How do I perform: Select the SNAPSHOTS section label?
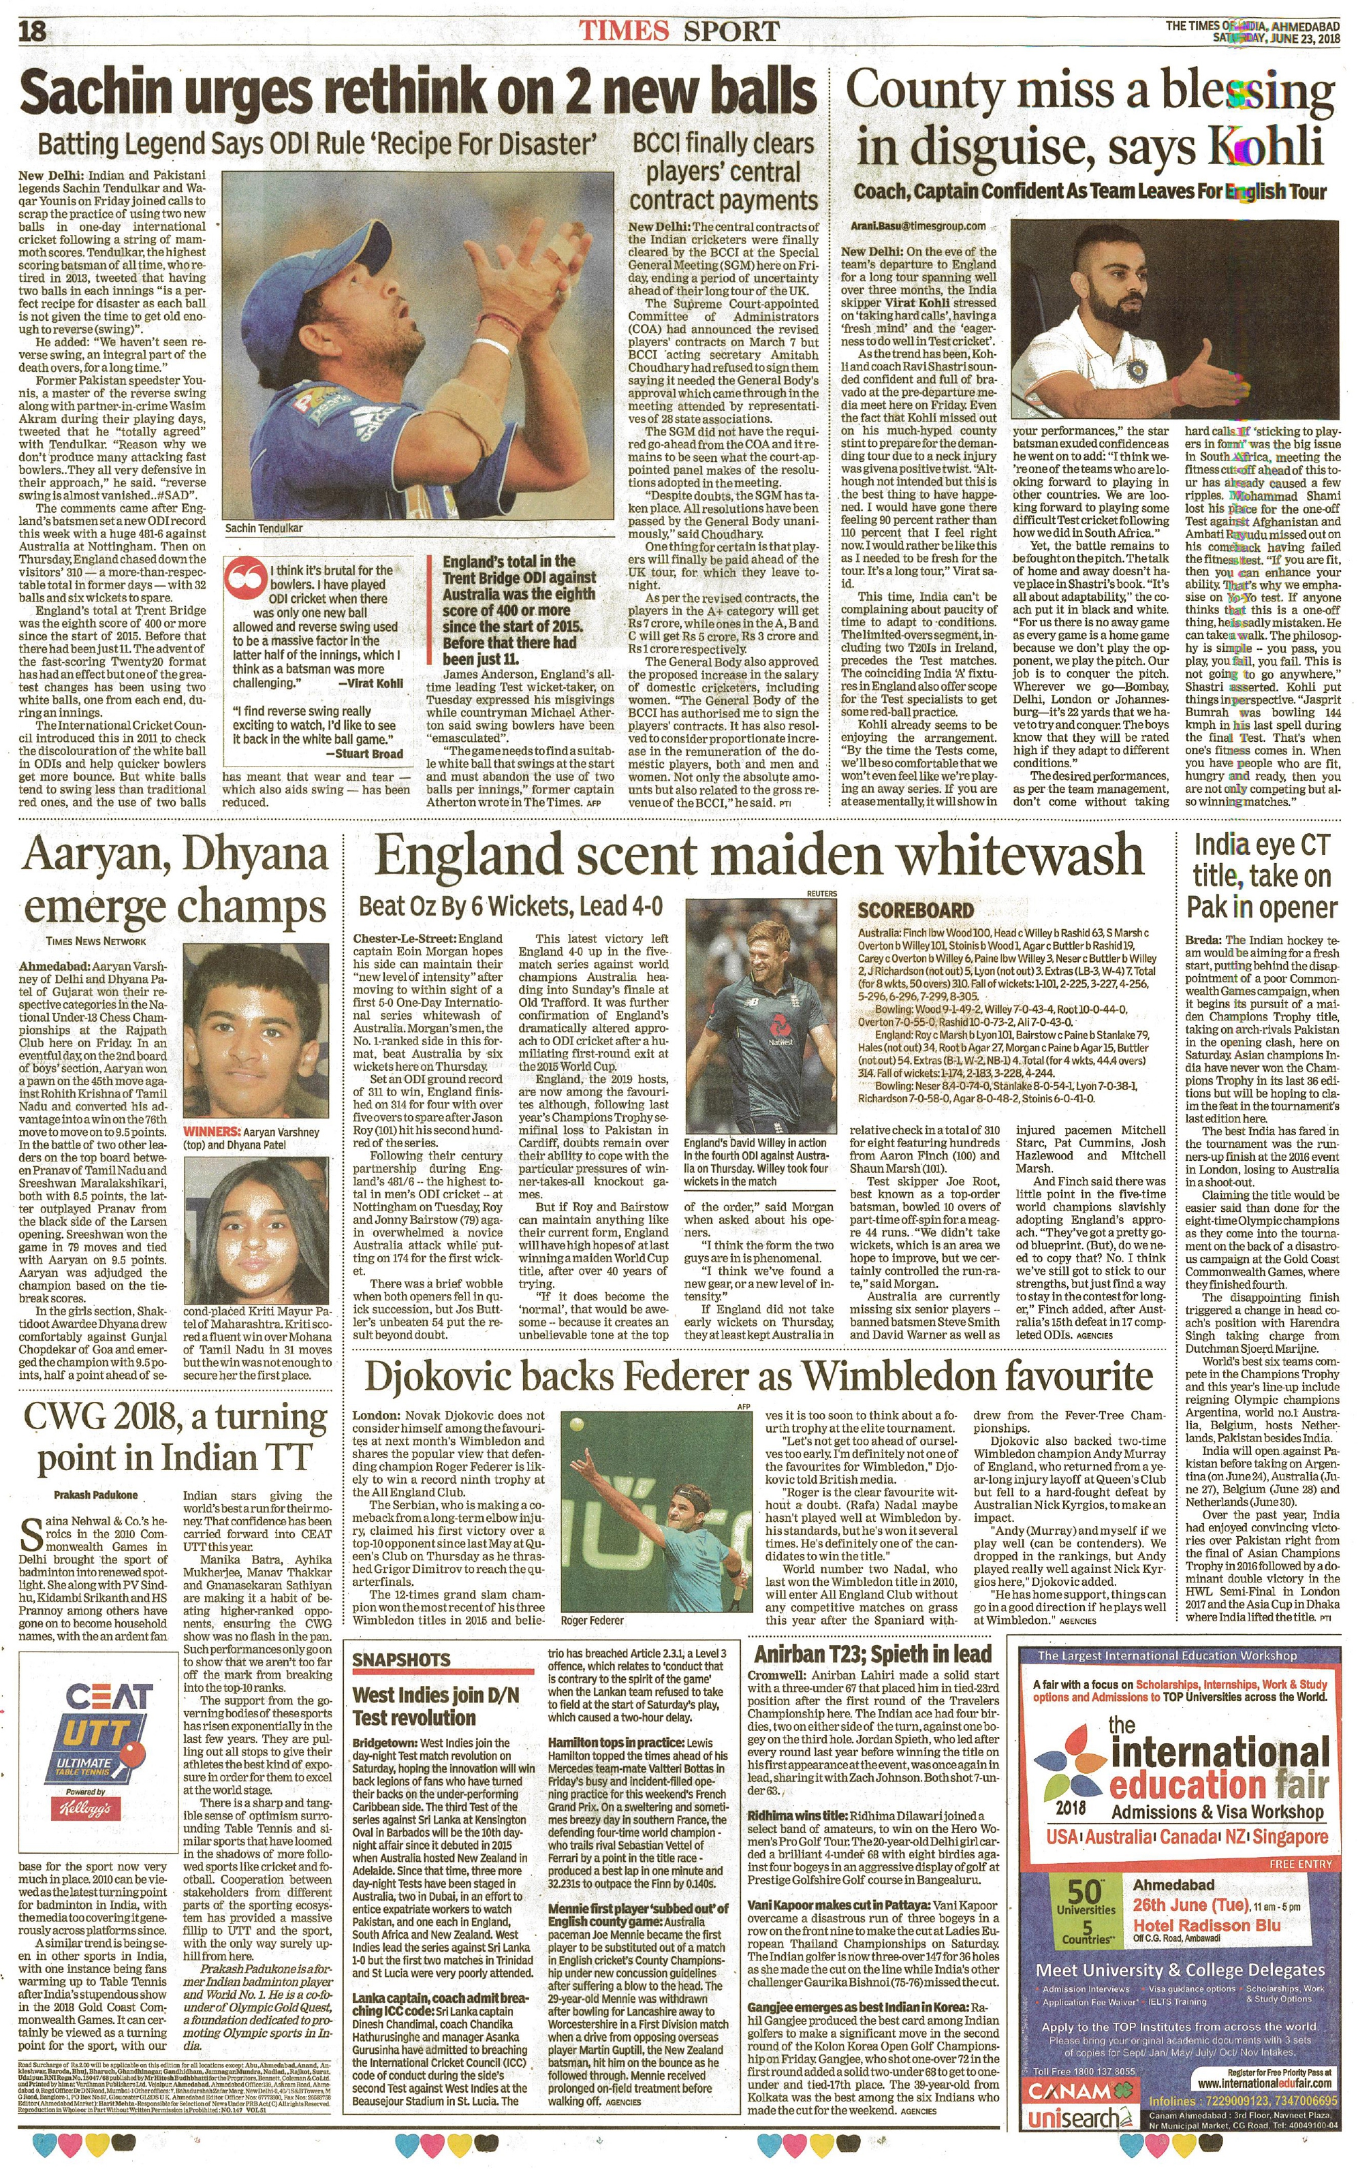[400, 1659]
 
